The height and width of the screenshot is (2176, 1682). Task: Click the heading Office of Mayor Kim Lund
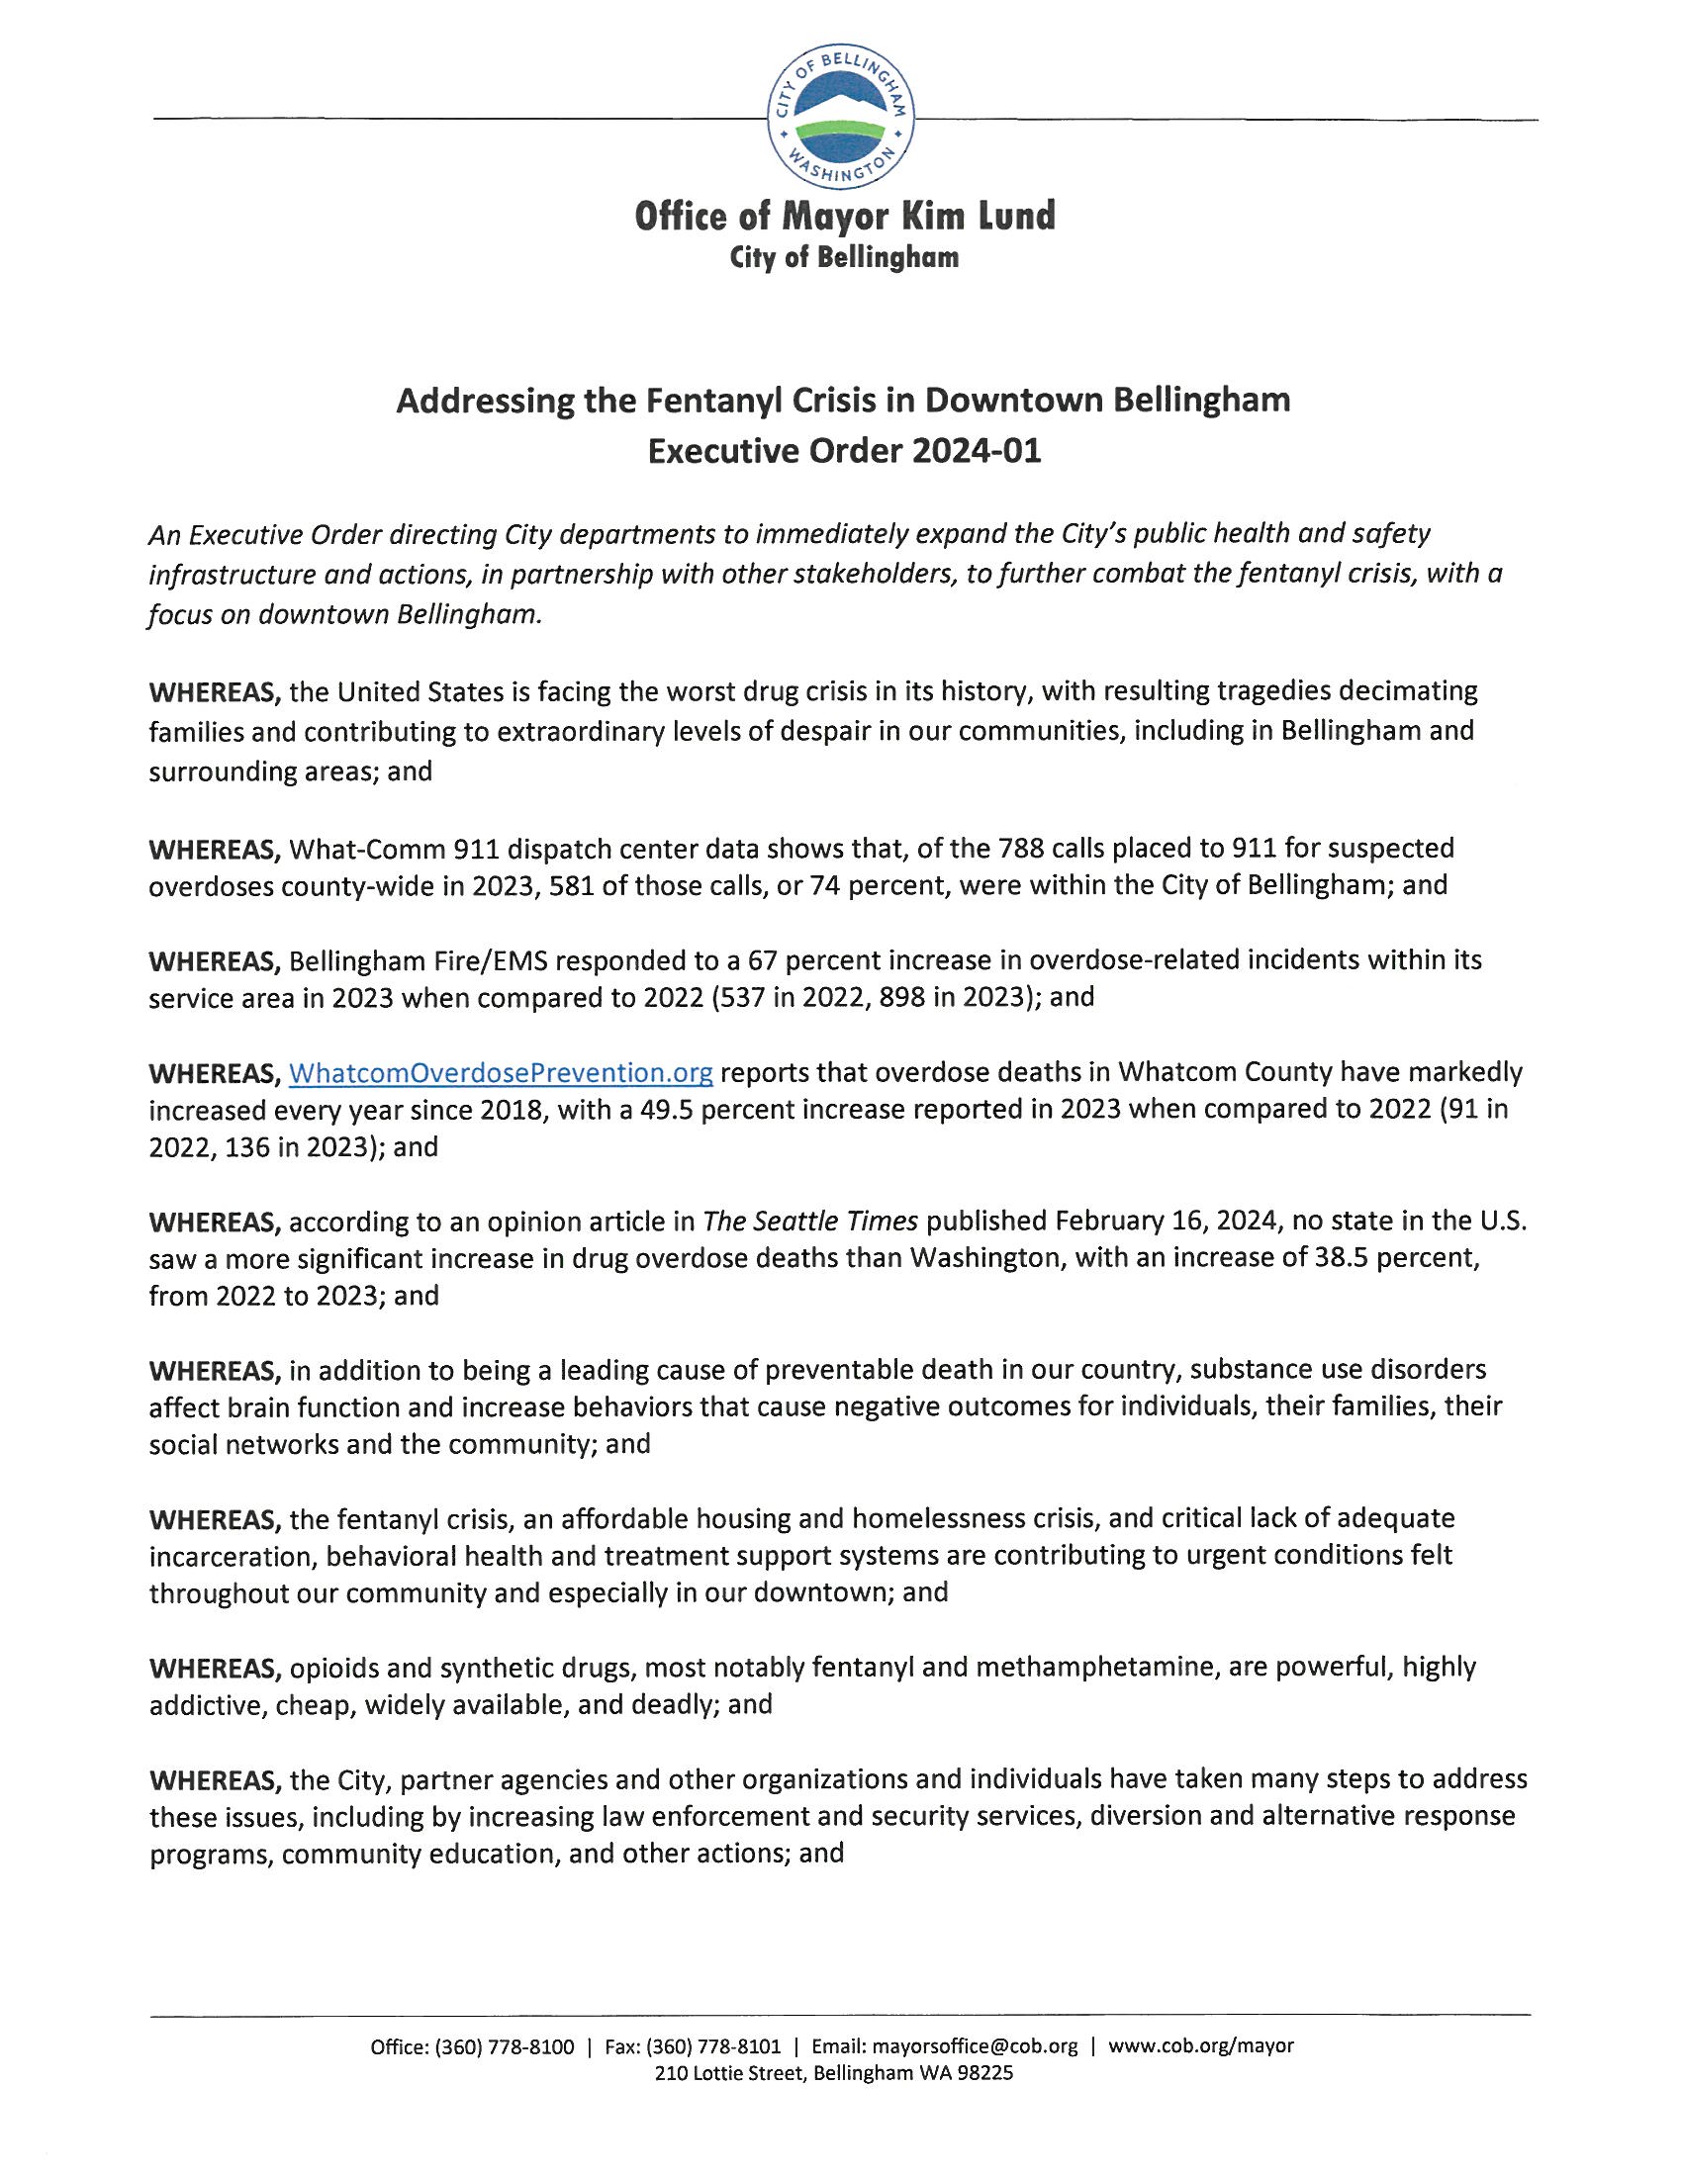point(844,216)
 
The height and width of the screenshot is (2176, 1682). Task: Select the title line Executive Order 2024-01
point(844,451)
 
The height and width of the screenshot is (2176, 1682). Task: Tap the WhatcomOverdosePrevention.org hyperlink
point(501,1073)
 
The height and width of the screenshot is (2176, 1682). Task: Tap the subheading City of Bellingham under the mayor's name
point(844,258)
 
